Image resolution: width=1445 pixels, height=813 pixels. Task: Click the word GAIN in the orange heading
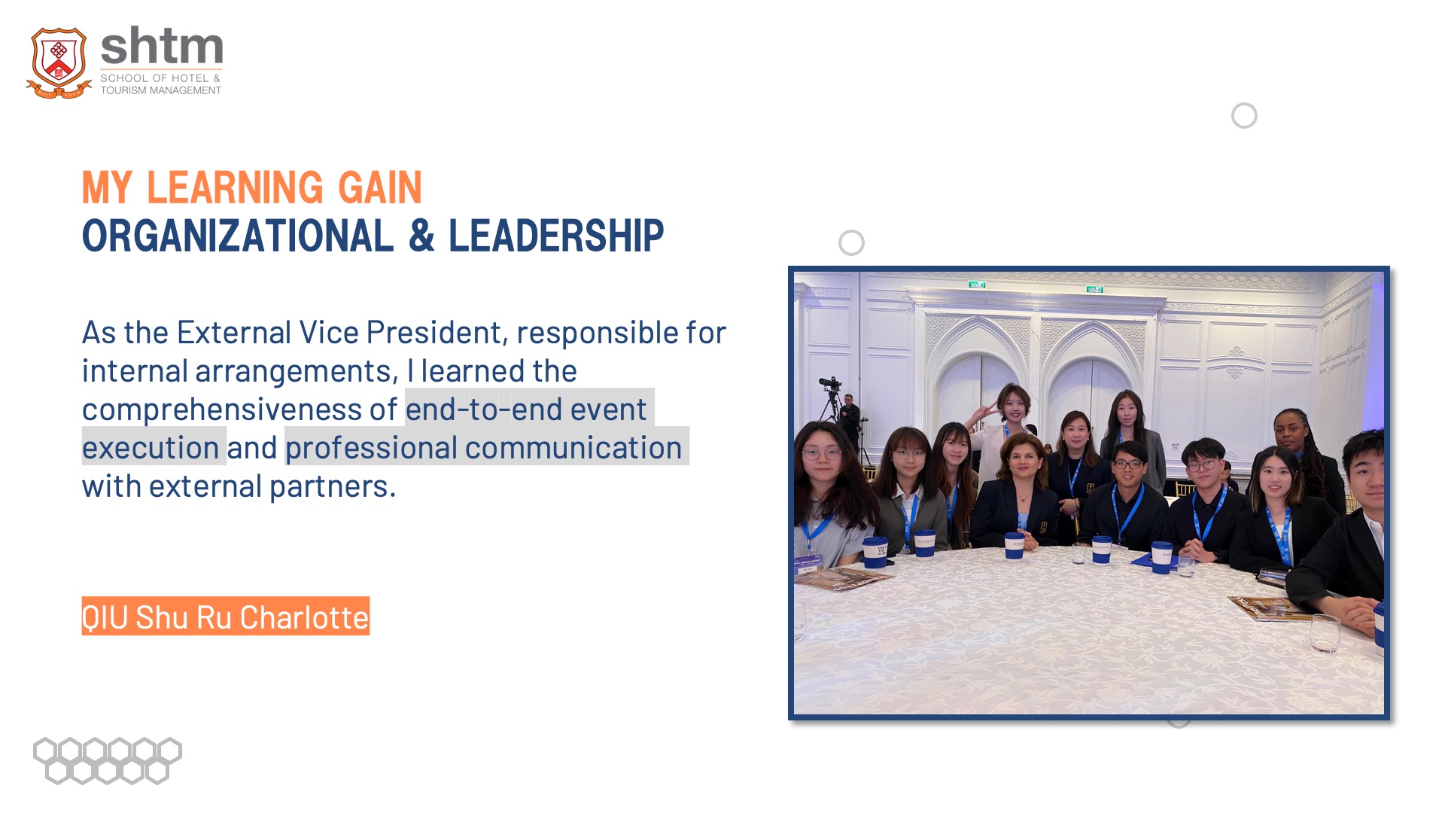tap(380, 187)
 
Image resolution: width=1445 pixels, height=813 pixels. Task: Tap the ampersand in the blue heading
tap(421, 236)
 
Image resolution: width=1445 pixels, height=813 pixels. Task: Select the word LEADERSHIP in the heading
tap(556, 236)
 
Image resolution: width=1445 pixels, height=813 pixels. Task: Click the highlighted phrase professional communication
tap(484, 448)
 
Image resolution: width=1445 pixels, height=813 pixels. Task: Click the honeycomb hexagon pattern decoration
tap(108, 760)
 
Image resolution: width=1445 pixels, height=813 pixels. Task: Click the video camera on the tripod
tap(830, 383)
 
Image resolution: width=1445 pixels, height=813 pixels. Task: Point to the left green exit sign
tap(977, 285)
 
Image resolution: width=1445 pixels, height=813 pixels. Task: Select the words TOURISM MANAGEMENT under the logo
tap(161, 90)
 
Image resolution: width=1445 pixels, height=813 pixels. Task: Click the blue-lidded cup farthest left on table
tap(875, 552)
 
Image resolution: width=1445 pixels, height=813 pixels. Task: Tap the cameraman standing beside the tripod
tap(850, 422)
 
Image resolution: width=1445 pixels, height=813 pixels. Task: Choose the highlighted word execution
tap(151, 448)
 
